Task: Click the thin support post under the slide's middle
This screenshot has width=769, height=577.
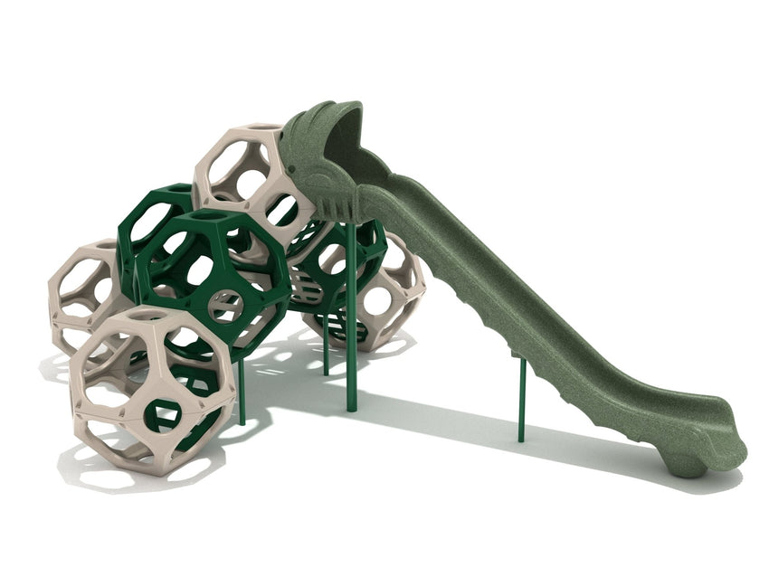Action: (521, 398)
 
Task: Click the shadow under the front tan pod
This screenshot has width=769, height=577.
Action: (136, 470)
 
